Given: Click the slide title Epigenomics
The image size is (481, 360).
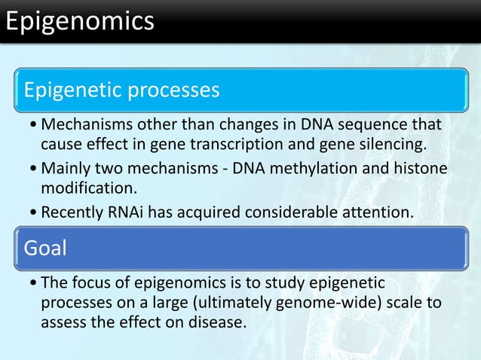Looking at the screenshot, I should point(78,21).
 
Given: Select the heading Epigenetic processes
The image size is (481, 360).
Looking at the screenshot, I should point(122,90).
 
